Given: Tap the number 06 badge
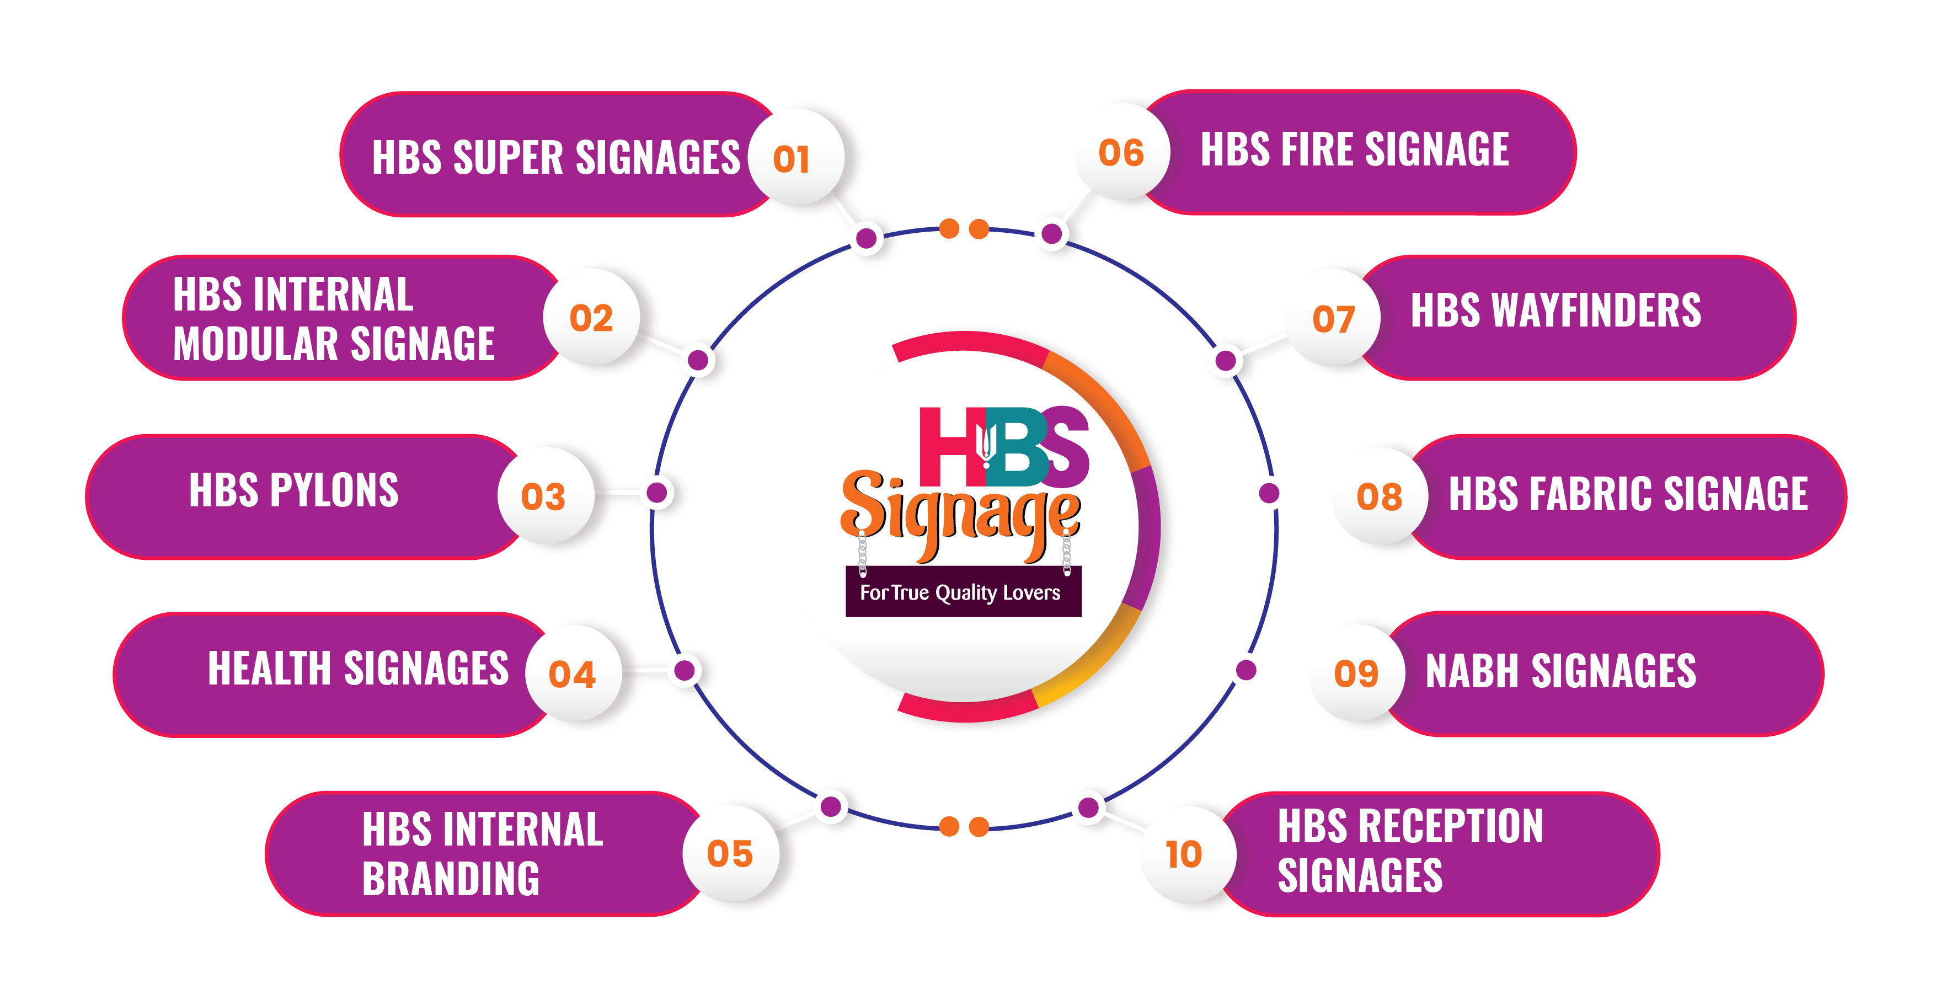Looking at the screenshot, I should pos(1121,152).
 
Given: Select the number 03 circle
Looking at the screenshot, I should pos(544,496).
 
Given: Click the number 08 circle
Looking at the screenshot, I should pos(1379,496).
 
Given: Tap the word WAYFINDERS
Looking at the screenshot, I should pos(1596,310).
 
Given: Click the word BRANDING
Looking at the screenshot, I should pos(451,878).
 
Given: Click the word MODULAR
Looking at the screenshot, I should pos(255,344).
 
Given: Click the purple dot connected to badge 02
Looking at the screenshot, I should pos(698,360).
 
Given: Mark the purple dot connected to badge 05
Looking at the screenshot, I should pos(831,807).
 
